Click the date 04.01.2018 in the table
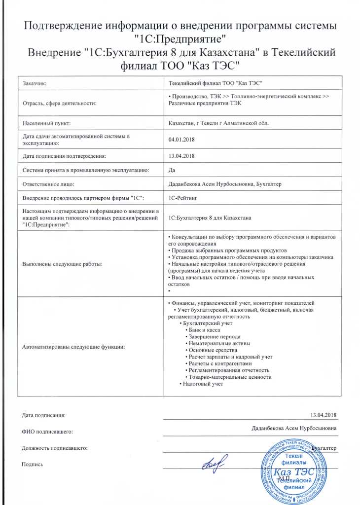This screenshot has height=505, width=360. click(x=182, y=140)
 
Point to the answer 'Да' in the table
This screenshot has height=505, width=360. click(x=172, y=170)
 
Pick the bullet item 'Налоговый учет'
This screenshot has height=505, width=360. click(x=202, y=384)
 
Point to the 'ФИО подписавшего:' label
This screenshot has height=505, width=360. click(x=47, y=432)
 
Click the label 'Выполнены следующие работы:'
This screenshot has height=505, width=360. click(x=63, y=264)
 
